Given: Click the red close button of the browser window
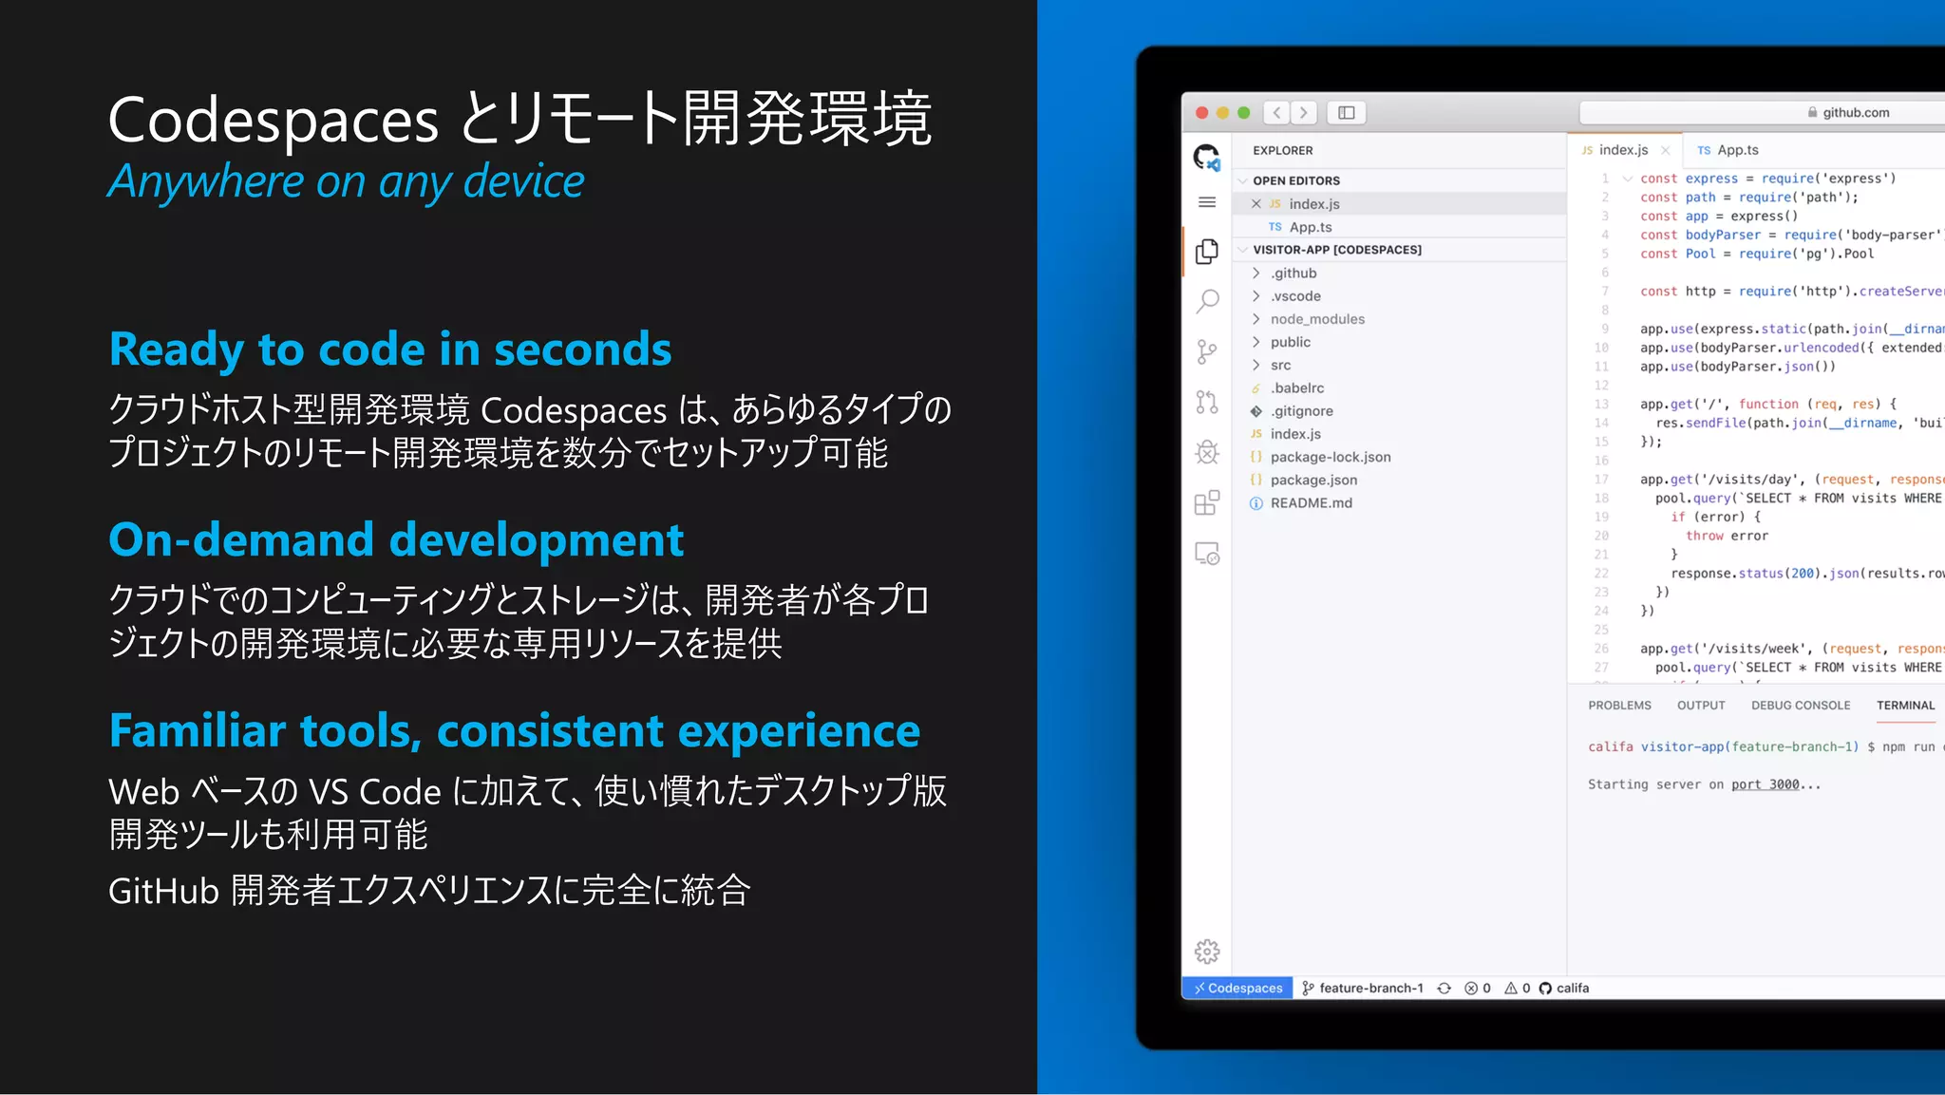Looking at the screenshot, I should pos(1201,113).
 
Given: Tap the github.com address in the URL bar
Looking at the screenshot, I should pos(1855,113).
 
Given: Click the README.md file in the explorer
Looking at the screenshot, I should pos(1311,503).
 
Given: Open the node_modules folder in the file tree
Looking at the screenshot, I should pos(1316,319).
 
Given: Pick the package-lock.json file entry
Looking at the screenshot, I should pos(1330,457).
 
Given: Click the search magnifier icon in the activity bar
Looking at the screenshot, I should pos(1207,302).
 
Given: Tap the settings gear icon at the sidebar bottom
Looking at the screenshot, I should pos(1207,951).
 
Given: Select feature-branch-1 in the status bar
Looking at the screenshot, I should pos(1369,988).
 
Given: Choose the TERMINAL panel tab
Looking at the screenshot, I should pos(1904,706).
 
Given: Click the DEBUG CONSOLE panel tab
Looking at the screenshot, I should pos(1800,706).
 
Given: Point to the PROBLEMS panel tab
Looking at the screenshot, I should pos(1618,706).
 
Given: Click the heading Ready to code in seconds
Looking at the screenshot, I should pos(390,349).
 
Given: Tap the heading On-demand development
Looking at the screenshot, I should pos(396,539).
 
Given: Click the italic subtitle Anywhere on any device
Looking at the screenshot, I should pos(346,180).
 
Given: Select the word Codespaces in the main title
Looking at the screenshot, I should pos(274,121).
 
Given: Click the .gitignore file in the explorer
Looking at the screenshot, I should pos(1301,411).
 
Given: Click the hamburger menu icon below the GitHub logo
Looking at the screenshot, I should pos(1207,202).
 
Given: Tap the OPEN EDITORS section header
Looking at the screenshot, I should pos(1295,180).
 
